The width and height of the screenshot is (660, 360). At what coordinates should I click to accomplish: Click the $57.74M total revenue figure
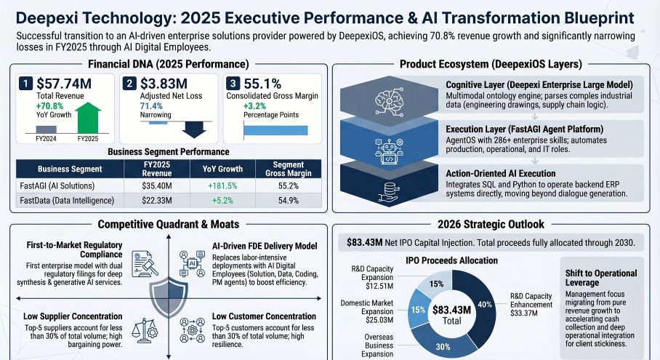tap(64, 84)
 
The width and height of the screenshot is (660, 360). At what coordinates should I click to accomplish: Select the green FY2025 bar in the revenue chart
tap(87, 119)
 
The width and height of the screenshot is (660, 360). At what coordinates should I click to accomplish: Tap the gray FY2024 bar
tap(46, 129)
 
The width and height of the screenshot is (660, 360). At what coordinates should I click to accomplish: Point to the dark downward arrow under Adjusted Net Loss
tap(193, 129)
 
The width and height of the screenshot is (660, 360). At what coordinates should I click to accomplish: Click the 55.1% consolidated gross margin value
tap(267, 84)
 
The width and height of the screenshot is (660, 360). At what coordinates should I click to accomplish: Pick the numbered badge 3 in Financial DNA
tap(233, 84)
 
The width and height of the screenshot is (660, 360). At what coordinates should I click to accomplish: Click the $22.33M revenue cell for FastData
tap(154, 200)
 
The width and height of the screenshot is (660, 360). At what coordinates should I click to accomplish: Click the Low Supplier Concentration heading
tap(62, 317)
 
